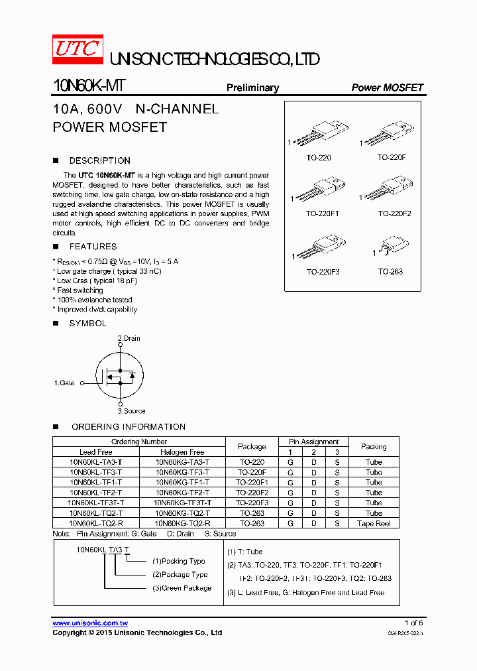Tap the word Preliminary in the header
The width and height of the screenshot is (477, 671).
252,88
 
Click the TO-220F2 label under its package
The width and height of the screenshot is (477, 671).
394,213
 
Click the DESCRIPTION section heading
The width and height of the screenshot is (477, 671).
99,160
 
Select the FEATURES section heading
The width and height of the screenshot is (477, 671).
93,247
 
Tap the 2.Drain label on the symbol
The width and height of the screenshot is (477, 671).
129,338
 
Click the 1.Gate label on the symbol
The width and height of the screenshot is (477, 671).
64,383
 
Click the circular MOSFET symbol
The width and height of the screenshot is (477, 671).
120,375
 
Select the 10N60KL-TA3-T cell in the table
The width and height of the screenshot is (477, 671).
95,462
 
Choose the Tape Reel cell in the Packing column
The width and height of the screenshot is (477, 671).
374,523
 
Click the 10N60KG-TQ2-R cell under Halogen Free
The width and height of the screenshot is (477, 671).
182,523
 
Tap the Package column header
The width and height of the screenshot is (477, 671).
252,447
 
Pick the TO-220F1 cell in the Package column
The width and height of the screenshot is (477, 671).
252,483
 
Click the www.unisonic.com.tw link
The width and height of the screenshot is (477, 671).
90,623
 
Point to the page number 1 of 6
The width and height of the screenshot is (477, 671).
413,623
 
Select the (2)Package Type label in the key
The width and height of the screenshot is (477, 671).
180,575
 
